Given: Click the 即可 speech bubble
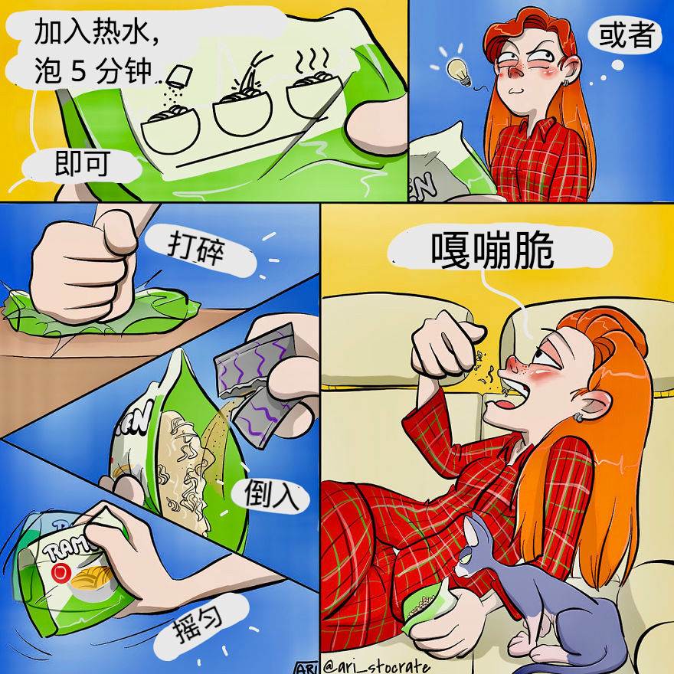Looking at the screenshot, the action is (x=82, y=165).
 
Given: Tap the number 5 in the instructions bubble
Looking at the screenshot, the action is (x=79, y=71).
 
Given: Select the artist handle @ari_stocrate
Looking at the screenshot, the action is (x=375, y=666).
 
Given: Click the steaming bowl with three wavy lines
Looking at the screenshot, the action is (x=314, y=88).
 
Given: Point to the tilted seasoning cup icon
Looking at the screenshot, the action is (x=178, y=77).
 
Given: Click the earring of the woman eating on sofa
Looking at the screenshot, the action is (x=579, y=417).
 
